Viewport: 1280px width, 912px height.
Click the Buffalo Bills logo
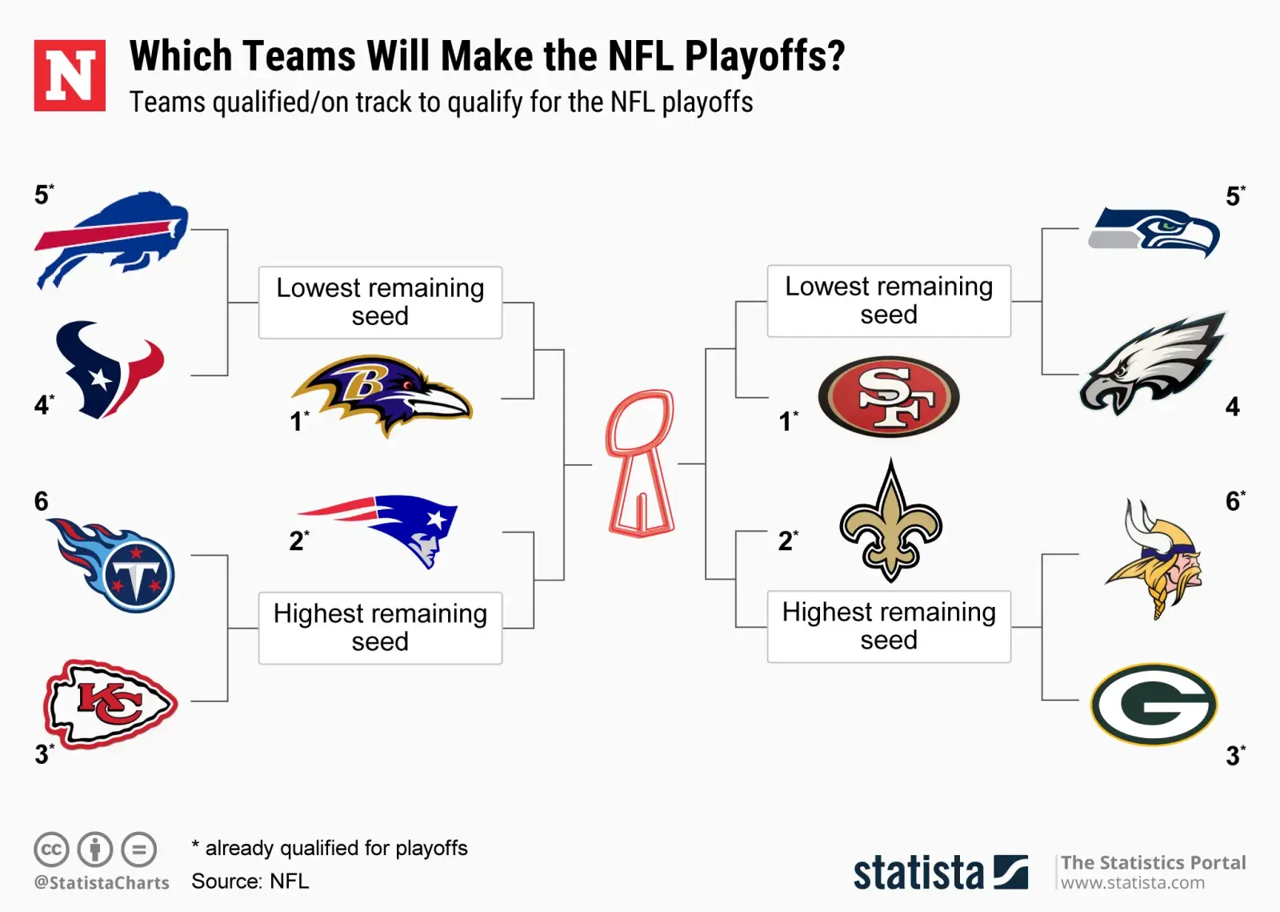(111, 240)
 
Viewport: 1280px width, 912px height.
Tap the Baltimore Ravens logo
(382, 396)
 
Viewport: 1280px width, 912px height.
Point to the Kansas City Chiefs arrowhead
(110, 704)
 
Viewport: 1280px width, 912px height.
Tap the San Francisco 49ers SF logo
(889, 397)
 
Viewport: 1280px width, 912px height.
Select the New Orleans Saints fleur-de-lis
(890, 521)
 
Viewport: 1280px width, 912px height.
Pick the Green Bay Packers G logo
(1154, 704)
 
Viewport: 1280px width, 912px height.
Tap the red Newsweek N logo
(70, 75)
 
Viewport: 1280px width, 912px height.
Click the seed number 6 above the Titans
(41, 501)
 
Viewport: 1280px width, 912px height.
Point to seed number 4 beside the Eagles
(1233, 407)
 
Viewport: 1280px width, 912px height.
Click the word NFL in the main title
(641, 56)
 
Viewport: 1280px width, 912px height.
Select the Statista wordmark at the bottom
(941, 873)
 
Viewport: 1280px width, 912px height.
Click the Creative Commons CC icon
(51, 849)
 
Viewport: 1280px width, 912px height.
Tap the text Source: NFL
(250, 881)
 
